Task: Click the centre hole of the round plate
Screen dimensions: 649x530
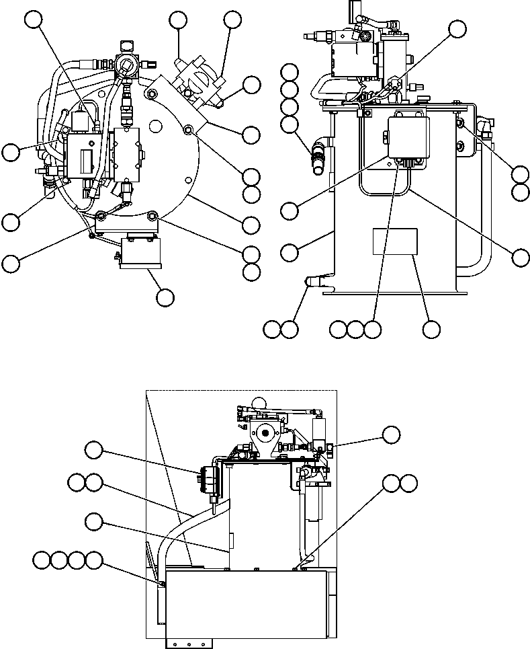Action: pyautogui.click(x=155, y=125)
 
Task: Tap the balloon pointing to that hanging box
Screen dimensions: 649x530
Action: pyautogui.click(x=165, y=297)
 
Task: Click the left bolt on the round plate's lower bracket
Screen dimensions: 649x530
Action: pyautogui.click(x=101, y=215)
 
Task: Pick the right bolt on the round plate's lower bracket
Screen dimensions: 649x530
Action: pyautogui.click(x=152, y=215)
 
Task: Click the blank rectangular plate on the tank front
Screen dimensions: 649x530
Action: pyautogui.click(x=396, y=242)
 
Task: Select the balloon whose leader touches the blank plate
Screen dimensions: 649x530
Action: pyautogui.click(x=431, y=329)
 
